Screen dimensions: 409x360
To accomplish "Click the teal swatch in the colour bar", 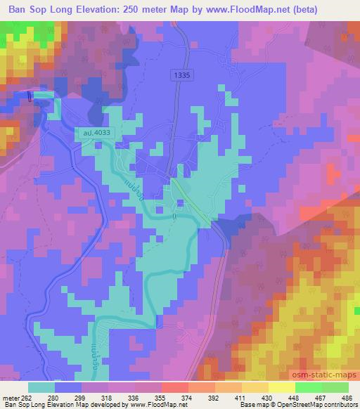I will pyautogui.click(x=41, y=387).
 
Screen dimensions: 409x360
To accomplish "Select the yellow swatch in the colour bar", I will pyautogui.click(x=281, y=387).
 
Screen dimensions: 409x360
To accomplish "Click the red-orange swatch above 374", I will pyautogui.click(x=174, y=387).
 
